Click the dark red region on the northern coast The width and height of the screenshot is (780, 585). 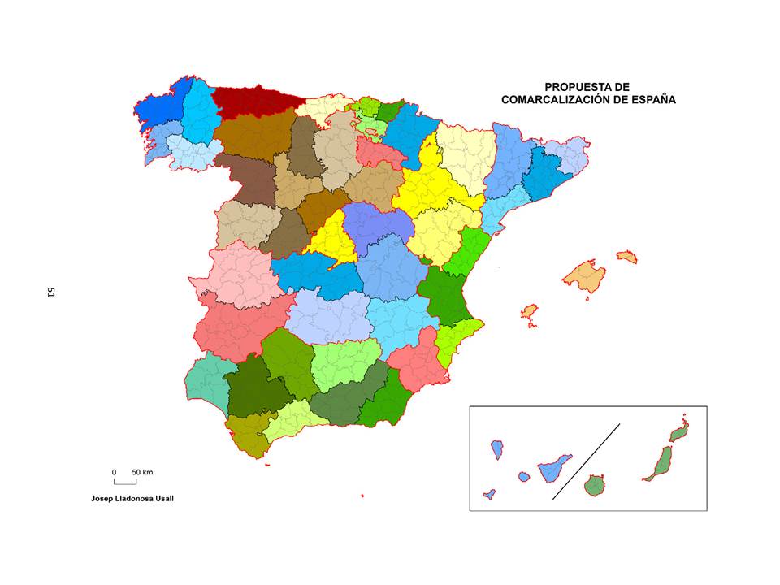click(252, 101)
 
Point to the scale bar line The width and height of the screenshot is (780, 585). click(124, 483)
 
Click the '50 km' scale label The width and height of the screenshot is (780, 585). click(142, 472)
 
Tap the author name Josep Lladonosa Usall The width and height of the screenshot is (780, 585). click(132, 498)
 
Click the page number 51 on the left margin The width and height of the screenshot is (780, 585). click(50, 292)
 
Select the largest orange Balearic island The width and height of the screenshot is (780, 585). click(585, 276)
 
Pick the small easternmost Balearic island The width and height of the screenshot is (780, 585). click(626, 257)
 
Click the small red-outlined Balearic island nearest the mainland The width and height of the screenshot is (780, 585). click(529, 312)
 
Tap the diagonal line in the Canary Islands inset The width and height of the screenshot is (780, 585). click(586, 461)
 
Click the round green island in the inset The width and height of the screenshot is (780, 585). click(596, 486)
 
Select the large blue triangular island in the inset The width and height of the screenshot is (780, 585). click(556, 467)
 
